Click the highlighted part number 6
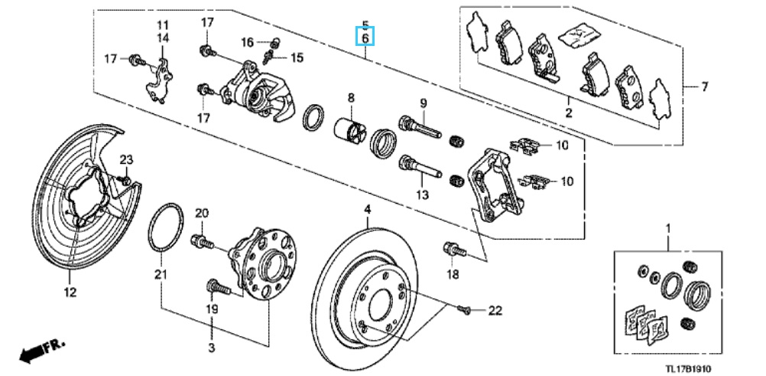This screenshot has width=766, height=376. click(366, 38)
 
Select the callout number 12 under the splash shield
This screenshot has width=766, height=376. click(70, 293)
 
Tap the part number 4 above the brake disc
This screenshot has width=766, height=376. click(368, 211)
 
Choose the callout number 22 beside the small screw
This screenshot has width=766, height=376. click(495, 310)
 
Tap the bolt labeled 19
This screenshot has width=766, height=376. click(219, 287)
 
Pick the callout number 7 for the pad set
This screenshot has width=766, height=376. click(704, 87)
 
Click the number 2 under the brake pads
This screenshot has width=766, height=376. click(568, 114)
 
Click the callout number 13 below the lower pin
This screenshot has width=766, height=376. click(422, 195)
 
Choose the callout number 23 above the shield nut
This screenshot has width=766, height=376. click(127, 159)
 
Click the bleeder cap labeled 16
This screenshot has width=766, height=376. click(274, 42)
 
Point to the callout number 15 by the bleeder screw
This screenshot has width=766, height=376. click(296, 57)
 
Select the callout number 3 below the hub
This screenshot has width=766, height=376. click(212, 348)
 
